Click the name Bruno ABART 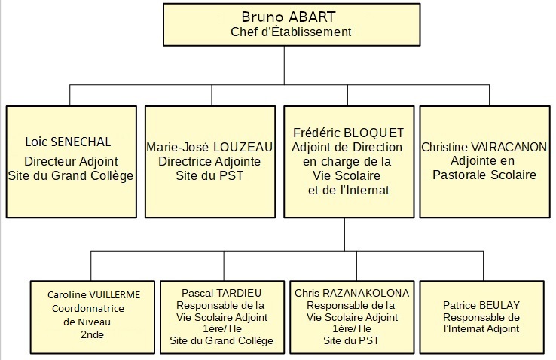tap(289, 17)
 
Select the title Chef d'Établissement tap(291, 32)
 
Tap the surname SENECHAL tap(81, 142)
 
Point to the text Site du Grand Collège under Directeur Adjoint tap(71, 176)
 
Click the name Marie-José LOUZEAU tap(209, 147)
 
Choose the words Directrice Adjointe tap(209, 162)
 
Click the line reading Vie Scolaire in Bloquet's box tap(347, 175)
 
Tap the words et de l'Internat tap(349, 191)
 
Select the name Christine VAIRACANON tap(484, 147)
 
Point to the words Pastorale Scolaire tap(484, 175)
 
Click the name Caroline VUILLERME tap(93, 294)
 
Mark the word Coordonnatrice tap(88, 309)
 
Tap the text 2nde tap(92, 334)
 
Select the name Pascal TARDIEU tap(221, 294)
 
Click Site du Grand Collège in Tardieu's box tap(221, 341)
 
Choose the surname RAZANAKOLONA tap(365, 294)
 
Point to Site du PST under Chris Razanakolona tap(351, 341)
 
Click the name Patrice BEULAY tap(481, 305)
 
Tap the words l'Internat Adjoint tap(481, 329)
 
